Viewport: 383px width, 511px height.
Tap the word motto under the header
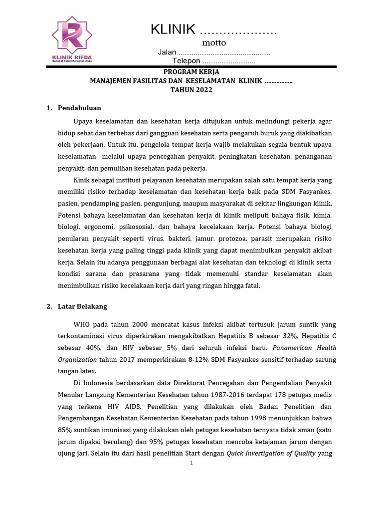click(x=214, y=43)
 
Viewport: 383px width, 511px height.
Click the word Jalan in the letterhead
click(x=167, y=52)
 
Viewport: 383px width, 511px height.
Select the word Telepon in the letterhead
click(x=186, y=61)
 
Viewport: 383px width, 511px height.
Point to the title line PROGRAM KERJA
click(x=191, y=72)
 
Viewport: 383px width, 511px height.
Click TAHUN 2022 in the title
click(x=191, y=90)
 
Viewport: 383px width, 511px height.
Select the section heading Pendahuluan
click(x=79, y=108)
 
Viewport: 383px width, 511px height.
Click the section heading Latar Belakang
click(x=82, y=306)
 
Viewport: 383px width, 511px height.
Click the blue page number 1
click(x=191, y=463)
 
